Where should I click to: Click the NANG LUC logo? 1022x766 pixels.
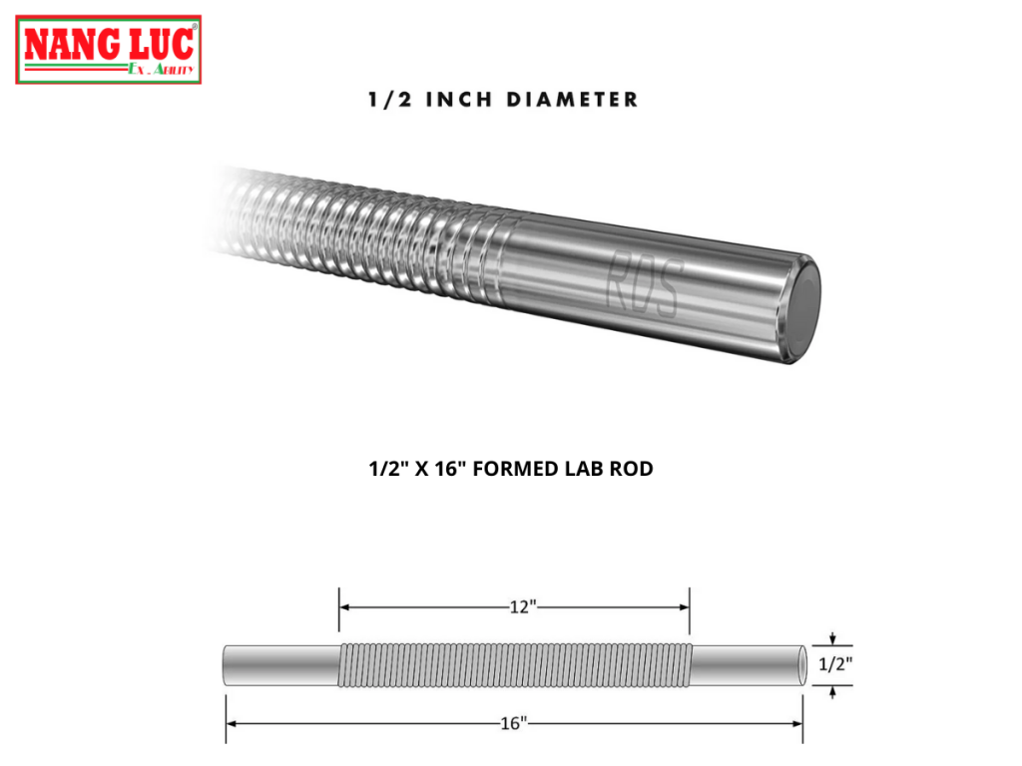coord(109,49)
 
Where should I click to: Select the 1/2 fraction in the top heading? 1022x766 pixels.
coord(385,100)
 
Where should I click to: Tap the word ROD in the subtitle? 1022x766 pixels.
coord(630,469)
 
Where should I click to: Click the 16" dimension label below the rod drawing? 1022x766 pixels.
coord(513,724)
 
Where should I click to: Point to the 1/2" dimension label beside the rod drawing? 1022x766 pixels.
coord(835,664)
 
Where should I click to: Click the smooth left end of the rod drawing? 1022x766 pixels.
coord(280,665)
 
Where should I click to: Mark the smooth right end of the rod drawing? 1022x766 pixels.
coord(748,665)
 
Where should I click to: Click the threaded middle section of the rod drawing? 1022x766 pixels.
coord(515,665)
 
